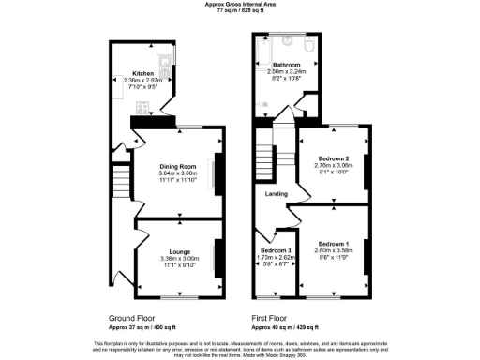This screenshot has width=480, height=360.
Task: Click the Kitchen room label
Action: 142,73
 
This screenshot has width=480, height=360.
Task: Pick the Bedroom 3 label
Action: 275,251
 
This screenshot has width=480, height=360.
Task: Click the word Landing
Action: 277,194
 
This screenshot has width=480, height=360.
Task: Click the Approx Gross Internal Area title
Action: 240,4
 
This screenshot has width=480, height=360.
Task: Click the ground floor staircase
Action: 120,182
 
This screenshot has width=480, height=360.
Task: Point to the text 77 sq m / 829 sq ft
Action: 240,10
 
